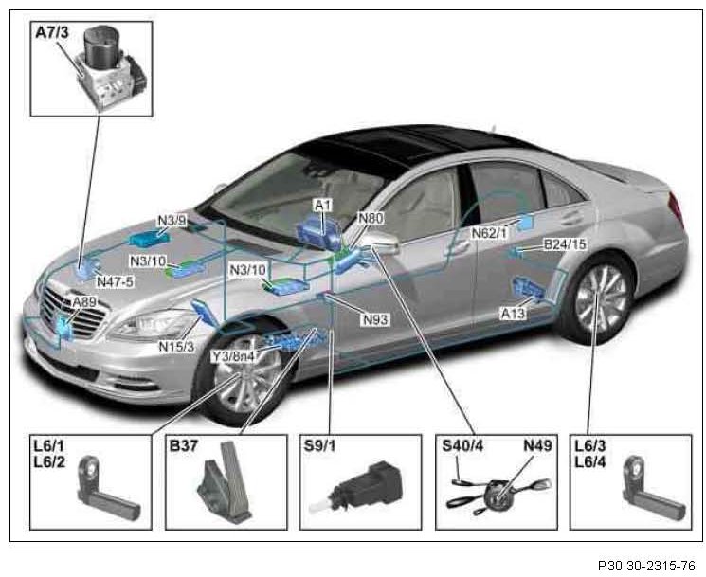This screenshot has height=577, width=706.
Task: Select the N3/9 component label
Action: tap(172, 222)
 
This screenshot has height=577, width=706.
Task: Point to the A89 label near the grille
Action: tap(85, 301)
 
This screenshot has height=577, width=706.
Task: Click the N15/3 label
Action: tap(175, 346)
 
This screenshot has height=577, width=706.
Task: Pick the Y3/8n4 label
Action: tap(233, 356)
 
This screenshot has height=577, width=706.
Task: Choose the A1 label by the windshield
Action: tap(322, 205)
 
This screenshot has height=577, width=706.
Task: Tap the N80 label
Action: tap(371, 219)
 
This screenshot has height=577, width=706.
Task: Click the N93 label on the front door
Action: tap(375, 319)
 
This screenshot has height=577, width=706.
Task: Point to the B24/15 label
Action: tap(565, 244)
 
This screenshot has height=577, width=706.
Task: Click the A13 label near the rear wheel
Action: tap(513, 313)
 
